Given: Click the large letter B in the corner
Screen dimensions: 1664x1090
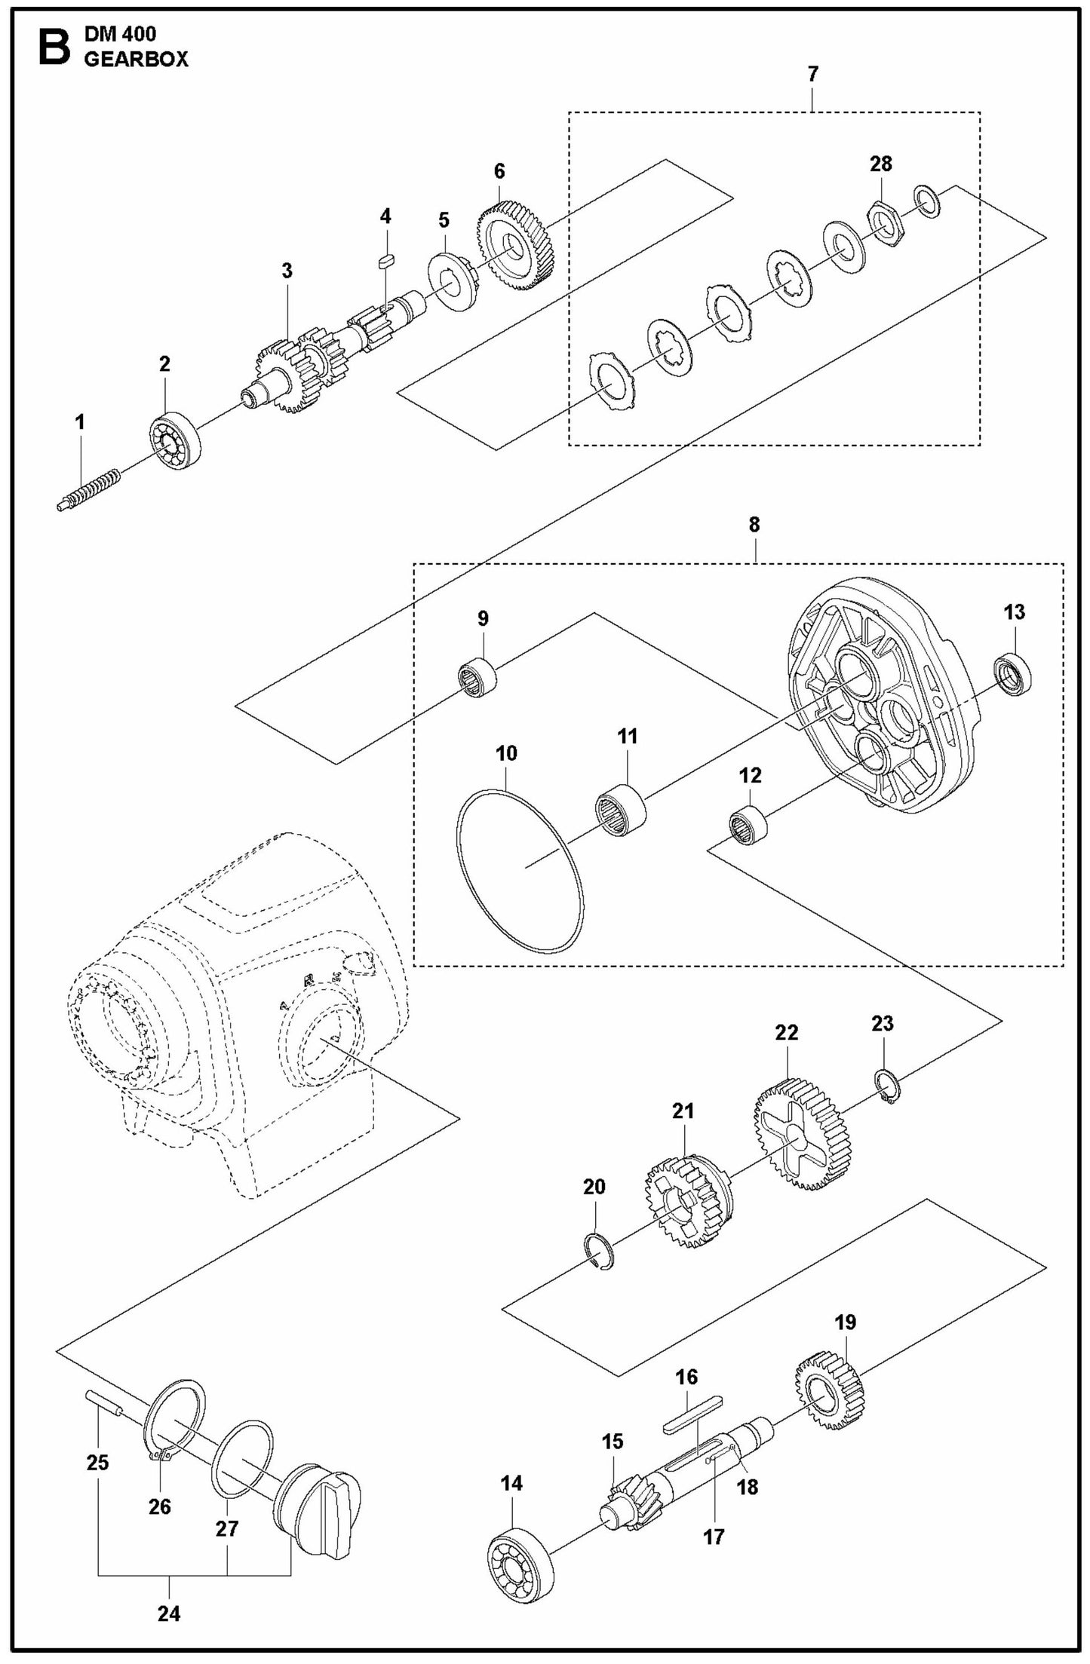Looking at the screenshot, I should (53, 47).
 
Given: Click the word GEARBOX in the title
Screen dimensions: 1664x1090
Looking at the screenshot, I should (136, 61).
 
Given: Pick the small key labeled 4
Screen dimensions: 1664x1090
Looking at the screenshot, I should (385, 261).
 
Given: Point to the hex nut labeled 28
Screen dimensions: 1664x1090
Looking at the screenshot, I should (881, 222).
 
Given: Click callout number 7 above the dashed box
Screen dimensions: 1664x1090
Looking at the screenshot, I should (812, 75).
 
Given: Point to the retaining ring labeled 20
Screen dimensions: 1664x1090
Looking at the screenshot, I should (600, 1252).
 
